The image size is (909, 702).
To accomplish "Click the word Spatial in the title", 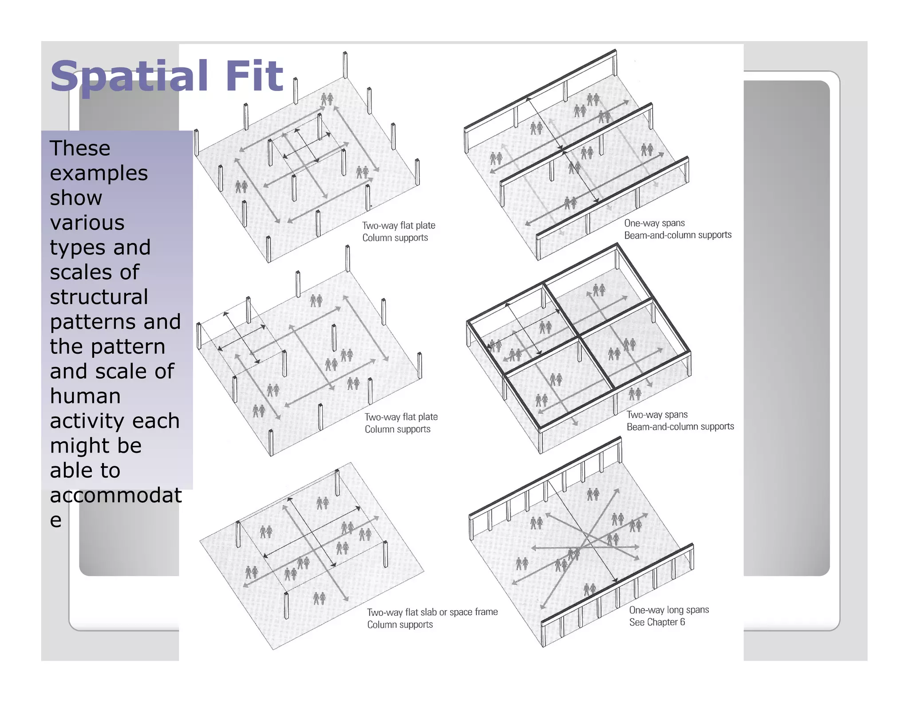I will (129, 76).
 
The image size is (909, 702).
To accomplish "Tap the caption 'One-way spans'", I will (654, 223).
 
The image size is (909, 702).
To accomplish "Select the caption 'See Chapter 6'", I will (656, 622).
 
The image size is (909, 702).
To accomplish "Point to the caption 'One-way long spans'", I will (669, 610).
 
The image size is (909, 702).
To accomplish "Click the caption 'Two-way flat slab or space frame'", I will (432, 612).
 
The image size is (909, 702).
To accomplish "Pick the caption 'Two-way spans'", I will (657, 415).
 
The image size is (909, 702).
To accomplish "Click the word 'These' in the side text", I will (80, 148).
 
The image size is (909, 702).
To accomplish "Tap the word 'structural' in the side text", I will (99, 297).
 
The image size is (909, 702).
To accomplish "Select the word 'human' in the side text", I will (85, 396).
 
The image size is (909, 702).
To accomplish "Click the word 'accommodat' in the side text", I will (116, 495).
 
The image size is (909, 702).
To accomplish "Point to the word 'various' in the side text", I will (87, 222).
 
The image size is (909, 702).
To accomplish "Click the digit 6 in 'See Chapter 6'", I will (682, 622).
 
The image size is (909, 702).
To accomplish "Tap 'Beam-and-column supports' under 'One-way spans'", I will (678, 235).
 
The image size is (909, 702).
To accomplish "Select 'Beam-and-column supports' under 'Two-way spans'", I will (680, 427).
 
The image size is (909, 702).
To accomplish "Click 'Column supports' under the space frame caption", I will (399, 625).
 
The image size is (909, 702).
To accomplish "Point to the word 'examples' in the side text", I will (99, 173).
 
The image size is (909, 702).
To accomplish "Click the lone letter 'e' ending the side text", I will (55, 520).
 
